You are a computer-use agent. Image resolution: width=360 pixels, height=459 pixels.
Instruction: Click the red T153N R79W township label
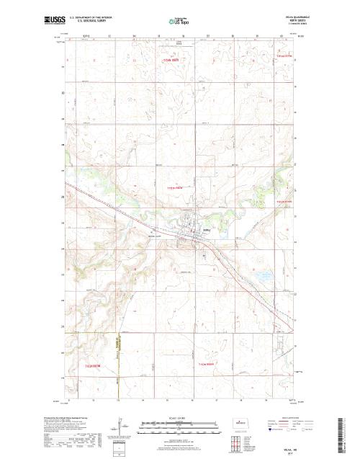point(286,202)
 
